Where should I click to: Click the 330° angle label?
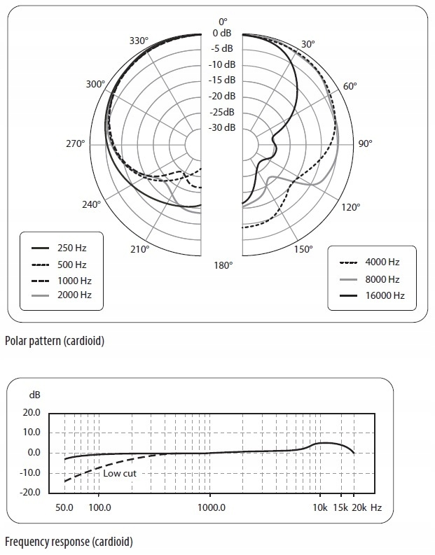139,41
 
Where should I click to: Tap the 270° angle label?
75,143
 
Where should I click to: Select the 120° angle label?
350,206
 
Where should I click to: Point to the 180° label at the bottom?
223,265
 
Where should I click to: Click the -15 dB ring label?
223,80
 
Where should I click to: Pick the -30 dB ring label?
223,127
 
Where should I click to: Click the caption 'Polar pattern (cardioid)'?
54,342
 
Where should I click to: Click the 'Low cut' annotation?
120,473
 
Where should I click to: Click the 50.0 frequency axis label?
64,507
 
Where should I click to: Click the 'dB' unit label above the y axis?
35,395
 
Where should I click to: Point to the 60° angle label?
350,85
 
